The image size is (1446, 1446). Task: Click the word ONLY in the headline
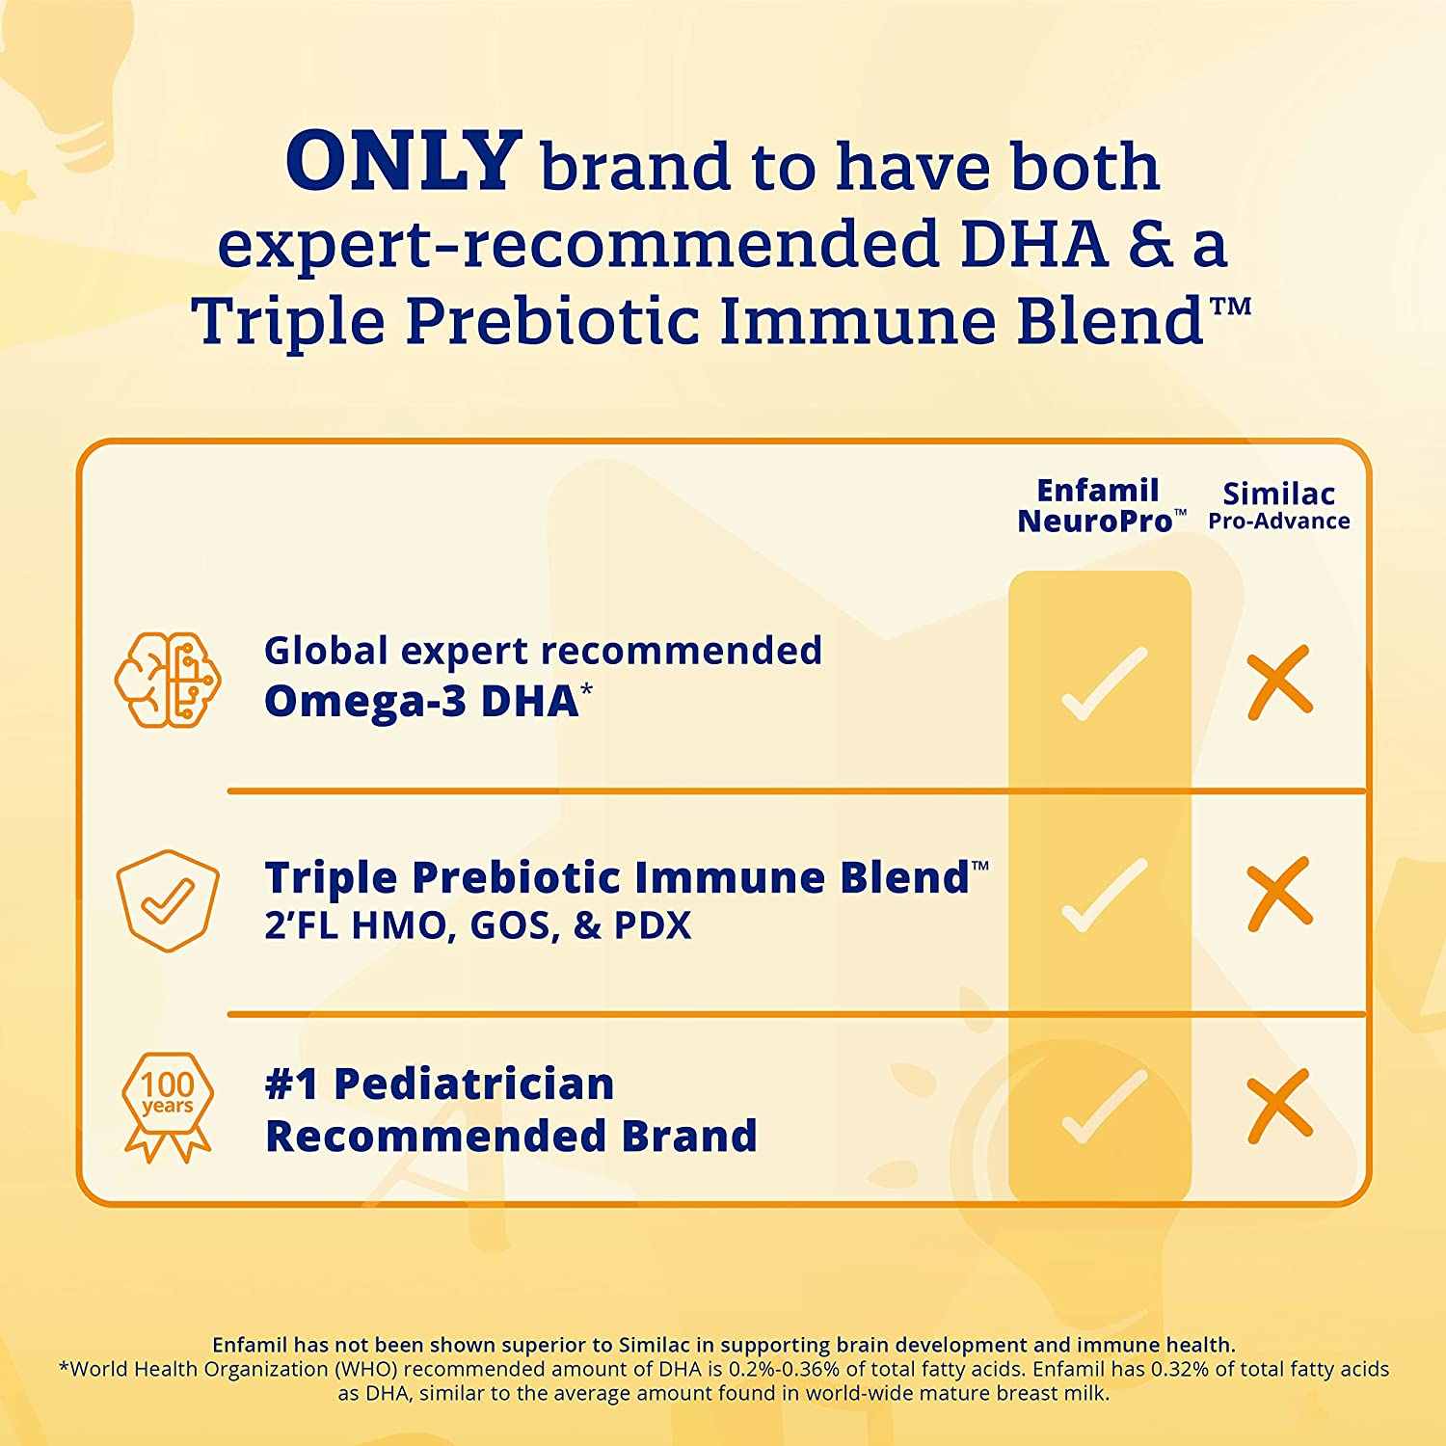point(404,160)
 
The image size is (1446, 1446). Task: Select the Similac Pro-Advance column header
point(1279,506)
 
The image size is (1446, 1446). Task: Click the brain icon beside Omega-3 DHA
point(168,679)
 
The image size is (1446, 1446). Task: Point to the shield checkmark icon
point(168,900)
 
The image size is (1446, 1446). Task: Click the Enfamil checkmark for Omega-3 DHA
point(1104,683)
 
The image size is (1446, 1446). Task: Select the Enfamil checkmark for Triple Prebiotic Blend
point(1104,895)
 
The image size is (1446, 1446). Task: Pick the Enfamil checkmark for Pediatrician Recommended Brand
point(1104,1106)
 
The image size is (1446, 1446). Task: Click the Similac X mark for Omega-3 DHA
point(1279,683)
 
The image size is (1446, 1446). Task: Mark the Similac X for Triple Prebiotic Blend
point(1279,894)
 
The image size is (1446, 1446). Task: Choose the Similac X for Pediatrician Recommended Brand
point(1279,1106)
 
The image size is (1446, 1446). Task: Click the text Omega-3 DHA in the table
point(421,701)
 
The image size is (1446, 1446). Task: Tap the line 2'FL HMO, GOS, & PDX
point(478,925)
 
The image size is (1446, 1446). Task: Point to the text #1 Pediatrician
point(440,1084)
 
